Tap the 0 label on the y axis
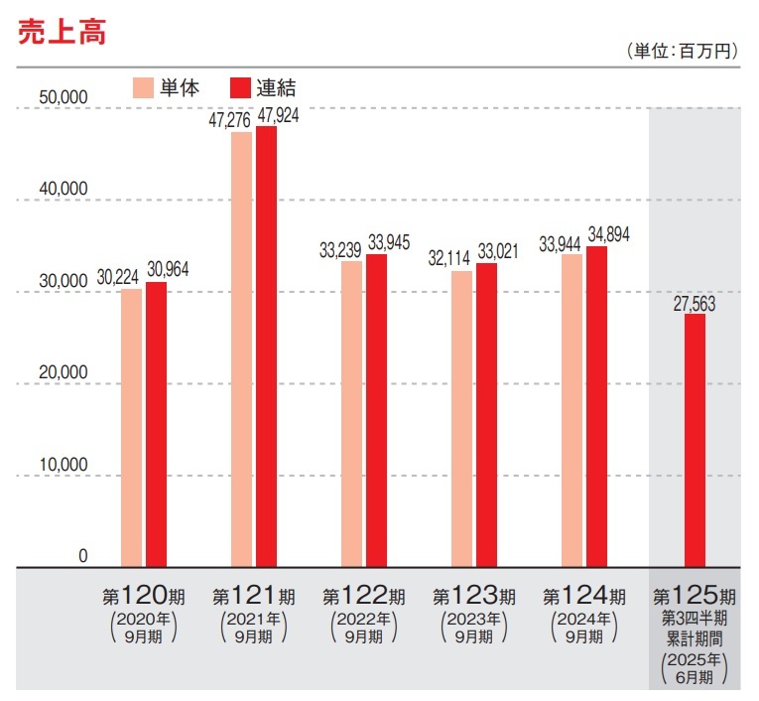pos(83,556)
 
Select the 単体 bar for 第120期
pos(131,428)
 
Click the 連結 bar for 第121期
pos(266,347)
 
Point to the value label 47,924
pos(278,114)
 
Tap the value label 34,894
pos(609,234)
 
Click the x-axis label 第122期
pos(364,598)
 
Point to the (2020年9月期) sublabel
pos(144,628)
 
